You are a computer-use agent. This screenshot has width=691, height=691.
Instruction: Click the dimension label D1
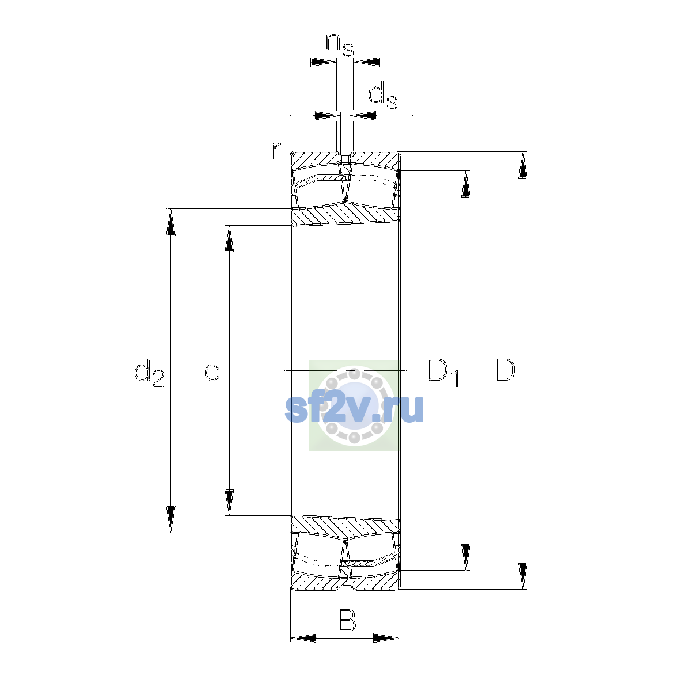pos(443,372)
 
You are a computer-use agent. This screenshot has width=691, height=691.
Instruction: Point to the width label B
pos(347,620)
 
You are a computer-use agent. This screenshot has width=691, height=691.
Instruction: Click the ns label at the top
pos(340,45)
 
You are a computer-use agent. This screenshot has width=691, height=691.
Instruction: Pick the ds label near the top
pos(382,95)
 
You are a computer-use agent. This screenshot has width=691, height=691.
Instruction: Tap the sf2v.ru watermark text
pos(354,409)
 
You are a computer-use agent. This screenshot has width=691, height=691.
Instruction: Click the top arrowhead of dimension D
pos(523,165)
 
